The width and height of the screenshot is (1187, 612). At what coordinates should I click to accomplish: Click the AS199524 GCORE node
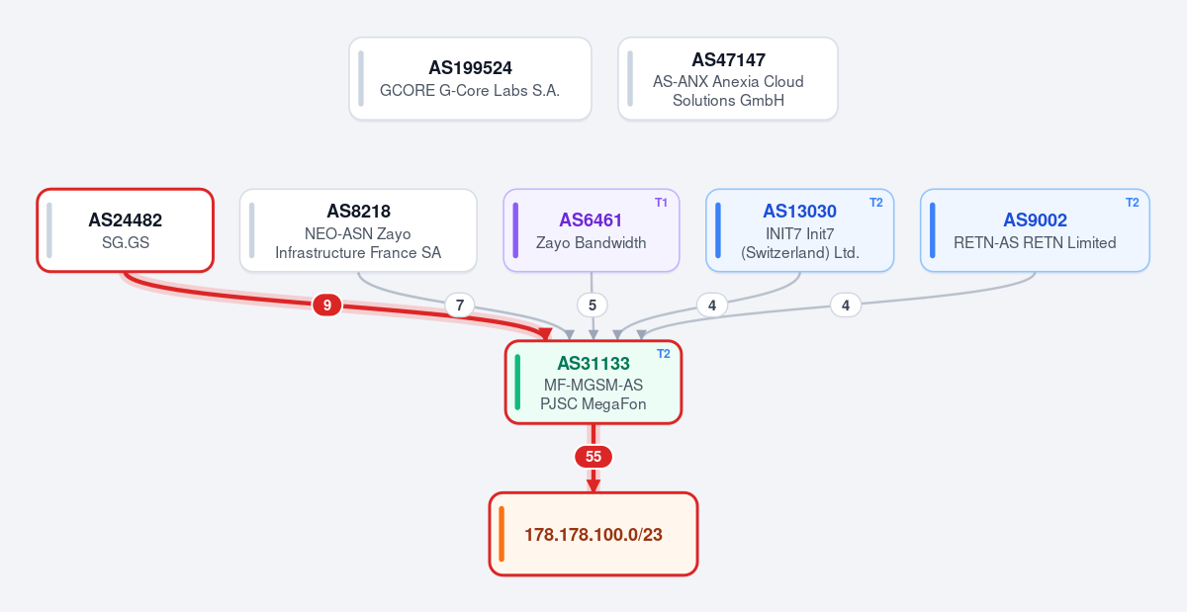pyautogui.click(x=470, y=78)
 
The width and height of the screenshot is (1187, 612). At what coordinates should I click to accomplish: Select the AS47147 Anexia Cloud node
pyautogui.click(x=728, y=78)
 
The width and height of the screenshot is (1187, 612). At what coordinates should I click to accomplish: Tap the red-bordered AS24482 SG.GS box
pyautogui.click(x=125, y=230)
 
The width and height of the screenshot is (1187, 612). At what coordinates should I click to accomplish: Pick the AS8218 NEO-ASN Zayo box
pyautogui.click(x=358, y=230)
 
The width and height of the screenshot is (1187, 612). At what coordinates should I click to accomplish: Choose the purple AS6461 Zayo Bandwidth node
pyautogui.click(x=592, y=230)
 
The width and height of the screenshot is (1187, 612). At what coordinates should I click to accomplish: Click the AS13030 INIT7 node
pyautogui.click(x=799, y=230)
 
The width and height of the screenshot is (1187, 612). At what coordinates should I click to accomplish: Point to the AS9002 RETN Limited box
pyautogui.click(x=1035, y=230)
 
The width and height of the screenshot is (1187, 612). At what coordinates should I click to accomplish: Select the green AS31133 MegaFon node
pyautogui.click(x=593, y=382)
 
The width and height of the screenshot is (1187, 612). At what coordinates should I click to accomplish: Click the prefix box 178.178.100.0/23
pyautogui.click(x=593, y=534)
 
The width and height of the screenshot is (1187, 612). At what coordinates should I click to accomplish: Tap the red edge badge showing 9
pyautogui.click(x=327, y=306)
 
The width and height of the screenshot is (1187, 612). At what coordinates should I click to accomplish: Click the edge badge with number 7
pyautogui.click(x=459, y=306)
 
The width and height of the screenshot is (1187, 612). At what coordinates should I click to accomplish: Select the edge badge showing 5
pyautogui.click(x=592, y=306)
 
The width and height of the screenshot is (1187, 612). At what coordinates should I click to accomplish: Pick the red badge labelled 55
pyautogui.click(x=593, y=456)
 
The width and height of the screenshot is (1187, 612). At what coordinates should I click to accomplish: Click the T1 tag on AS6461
pyautogui.click(x=661, y=203)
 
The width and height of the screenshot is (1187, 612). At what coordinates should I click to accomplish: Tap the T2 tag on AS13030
pyautogui.click(x=876, y=203)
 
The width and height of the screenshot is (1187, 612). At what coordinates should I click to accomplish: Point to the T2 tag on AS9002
pyautogui.click(x=1132, y=203)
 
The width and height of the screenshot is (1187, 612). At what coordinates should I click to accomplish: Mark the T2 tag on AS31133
pyautogui.click(x=664, y=353)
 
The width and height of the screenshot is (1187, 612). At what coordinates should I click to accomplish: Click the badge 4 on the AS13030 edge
pyautogui.click(x=712, y=306)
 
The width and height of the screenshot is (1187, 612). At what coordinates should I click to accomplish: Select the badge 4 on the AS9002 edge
pyautogui.click(x=845, y=306)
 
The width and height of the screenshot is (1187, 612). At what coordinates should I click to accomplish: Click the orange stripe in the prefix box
pyautogui.click(x=502, y=534)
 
